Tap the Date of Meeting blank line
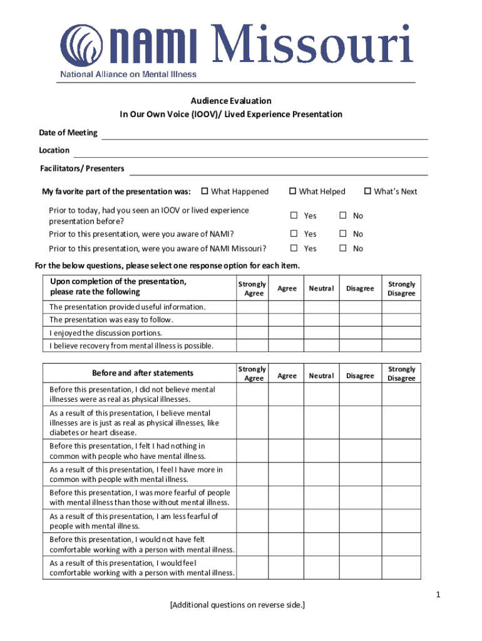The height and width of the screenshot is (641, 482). point(264,134)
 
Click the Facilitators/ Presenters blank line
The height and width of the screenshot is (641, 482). point(279,170)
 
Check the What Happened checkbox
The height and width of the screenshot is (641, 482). point(204,192)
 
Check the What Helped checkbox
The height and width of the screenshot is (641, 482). point(292,192)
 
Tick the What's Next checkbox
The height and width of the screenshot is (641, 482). point(367,192)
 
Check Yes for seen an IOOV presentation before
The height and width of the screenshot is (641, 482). point(292,216)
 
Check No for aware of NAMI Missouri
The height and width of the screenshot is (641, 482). point(342,249)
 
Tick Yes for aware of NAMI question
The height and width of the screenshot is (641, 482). point(292,234)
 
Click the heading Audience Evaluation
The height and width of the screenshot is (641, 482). point(231,101)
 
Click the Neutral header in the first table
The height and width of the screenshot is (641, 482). point(321,289)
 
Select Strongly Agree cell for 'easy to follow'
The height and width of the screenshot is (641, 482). point(253,320)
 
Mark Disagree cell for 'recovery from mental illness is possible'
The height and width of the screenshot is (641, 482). point(360,346)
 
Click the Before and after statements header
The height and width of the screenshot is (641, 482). point(143,373)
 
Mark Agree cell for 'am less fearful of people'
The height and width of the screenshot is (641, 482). point(287,521)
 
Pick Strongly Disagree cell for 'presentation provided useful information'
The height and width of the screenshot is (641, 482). point(401,307)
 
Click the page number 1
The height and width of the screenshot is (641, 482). point(439,595)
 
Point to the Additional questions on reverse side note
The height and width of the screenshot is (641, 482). point(237,605)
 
